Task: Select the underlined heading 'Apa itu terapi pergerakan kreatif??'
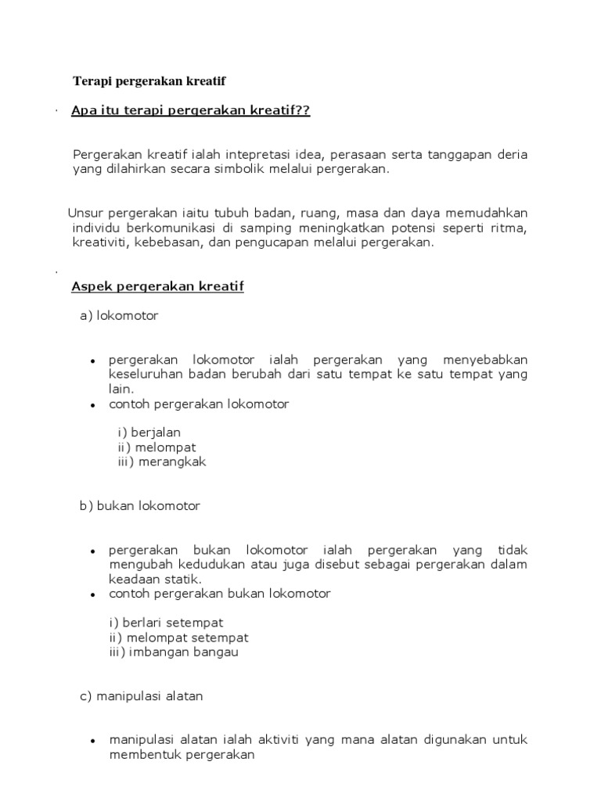tap(190, 111)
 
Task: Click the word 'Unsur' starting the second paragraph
tap(85, 213)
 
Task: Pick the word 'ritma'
tap(509, 228)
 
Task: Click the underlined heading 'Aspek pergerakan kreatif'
tap(157, 286)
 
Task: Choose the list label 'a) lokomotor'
tap(119, 316)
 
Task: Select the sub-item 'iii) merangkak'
tap(157, 462)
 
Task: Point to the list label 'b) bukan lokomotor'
tap(140, 506)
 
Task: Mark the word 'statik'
tap(182, 579)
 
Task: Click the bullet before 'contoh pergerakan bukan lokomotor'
tap(93, 594)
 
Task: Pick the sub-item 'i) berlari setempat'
tap(166, 623)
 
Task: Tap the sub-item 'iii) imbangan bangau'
tap(174, 652)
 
